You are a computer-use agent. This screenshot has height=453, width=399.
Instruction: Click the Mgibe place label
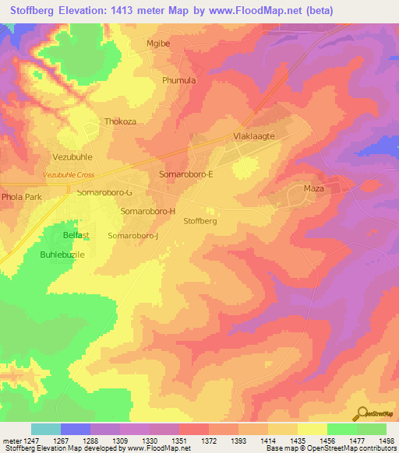pyautogui.click(x=158, y=44)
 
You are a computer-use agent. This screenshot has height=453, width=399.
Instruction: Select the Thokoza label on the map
pyautogui.click(x=120, y=122)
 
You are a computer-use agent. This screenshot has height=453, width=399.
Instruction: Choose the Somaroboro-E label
pyautogui.click(x=186, y=175)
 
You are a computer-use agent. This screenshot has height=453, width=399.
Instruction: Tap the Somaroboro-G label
pyautogui.click(x=104, y=192)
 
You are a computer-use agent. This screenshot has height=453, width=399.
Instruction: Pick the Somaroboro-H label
pyautogui.click(x=148, y=212)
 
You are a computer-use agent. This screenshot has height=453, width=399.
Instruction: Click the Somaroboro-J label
pyautogui.click(x=133, y=236)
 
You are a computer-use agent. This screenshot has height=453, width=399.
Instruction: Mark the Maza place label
pyautogui.click(x=313, y=189)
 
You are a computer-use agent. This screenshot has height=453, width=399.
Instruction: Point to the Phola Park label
pyautogui.click(x=21, y=198)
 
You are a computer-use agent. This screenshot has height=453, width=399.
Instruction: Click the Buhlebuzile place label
pyautogui.click(x=62, y=255)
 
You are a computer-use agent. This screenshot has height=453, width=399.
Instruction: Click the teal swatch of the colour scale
pyautogui.click(x=46, y=429)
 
